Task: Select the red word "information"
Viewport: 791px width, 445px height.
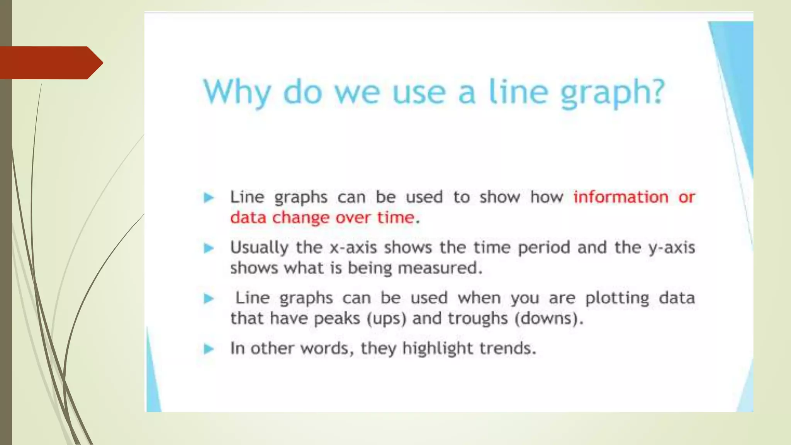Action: (621, 197)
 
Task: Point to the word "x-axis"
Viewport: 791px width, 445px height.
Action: (353, 248)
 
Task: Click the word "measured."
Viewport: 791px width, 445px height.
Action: (440, 268)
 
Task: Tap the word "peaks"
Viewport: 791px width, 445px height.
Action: (337, 319)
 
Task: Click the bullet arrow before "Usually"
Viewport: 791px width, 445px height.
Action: (209, 248)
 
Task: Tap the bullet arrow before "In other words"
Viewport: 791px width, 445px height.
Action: (209, 349)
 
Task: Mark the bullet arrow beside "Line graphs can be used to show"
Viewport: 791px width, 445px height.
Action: (209, 198)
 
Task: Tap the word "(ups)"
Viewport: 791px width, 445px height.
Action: (386, 319)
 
